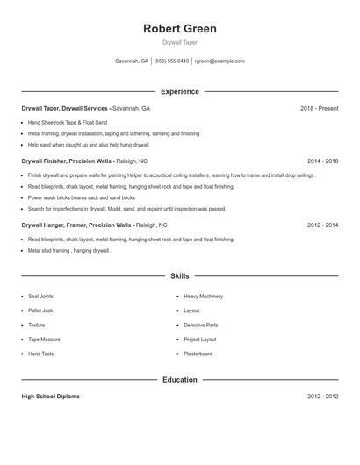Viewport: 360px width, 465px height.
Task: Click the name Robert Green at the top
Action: pyautogui.click(x=179, y=29)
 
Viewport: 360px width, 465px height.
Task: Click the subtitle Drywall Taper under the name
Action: pyautogui.click(x=179, y=43)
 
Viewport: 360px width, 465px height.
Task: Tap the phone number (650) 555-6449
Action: pyautogui.click(x=171, y=61)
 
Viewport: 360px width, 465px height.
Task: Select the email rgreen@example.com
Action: pyautogui.click(x=220, y=61)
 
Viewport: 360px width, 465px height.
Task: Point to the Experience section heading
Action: pyautogui.click(x=179, y=91)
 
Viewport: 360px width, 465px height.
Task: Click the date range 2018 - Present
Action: pyautogui.click(x=319, y=108)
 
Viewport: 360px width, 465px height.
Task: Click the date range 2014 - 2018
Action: pyautogui.click(x=322, y=161)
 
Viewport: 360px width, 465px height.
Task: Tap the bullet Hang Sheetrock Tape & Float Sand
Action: pyautogui.click(x=68, y=122)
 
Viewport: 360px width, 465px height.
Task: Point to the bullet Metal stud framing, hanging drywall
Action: pyautogui.click(x=69, y=250)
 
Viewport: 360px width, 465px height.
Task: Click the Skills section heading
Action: pyautogui.click(x=179, y=275)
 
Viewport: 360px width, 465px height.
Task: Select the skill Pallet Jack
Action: pyautogui.click(x=40, y=311)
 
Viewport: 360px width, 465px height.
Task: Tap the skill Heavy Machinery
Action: pyautogui.click(x=203, y=297)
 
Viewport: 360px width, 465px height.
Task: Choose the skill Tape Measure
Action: pyautogui.click(x=44, y=339)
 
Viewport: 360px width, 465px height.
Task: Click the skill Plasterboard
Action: pyautogui.click(x=198, y=354)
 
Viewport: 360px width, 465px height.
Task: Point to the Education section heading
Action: pyautogui.click(x=179, y=380)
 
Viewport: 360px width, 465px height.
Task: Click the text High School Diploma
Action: pyautogui.click(x=50, y=397)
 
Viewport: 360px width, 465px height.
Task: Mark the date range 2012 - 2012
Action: pyautogui.click(x=322, y=397)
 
